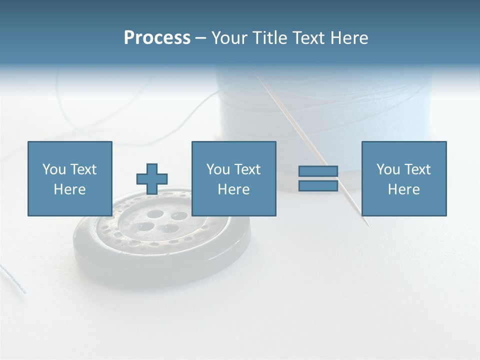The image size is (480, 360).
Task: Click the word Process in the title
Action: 157,38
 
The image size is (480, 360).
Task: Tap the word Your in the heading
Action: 229,38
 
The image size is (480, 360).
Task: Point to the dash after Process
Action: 200,38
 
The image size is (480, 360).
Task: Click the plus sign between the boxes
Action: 152,178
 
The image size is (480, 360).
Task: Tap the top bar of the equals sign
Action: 318,171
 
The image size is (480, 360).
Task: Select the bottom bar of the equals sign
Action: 318,185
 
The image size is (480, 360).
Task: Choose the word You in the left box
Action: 54,169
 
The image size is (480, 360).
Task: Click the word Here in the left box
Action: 69,189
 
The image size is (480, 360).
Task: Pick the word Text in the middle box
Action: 247,169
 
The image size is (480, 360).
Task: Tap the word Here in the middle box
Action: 233,189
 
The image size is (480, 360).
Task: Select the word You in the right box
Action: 388,169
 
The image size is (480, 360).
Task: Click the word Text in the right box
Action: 417,169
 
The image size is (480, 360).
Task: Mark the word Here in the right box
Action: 403,189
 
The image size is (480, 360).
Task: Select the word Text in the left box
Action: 83,169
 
